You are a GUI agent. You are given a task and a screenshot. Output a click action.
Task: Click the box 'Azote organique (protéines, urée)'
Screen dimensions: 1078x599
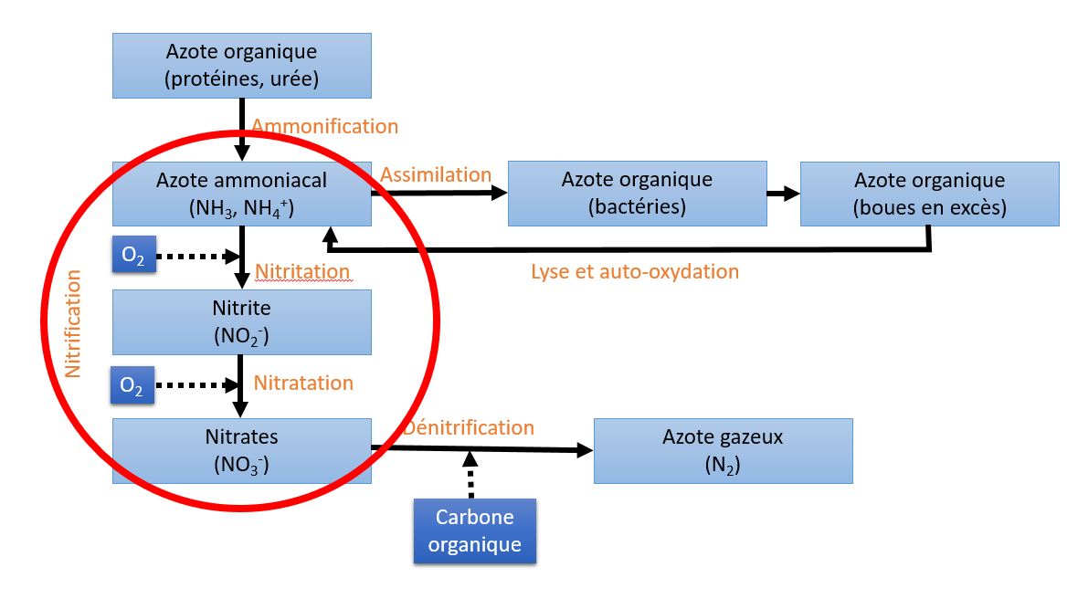pyautogui.click(x=242, y=65)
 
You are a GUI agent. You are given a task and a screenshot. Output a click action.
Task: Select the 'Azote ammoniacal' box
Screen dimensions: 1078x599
pyautogui.click(x=242, y=194)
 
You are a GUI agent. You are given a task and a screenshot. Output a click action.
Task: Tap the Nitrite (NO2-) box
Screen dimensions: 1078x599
pyautogui.click(x=242, y=322)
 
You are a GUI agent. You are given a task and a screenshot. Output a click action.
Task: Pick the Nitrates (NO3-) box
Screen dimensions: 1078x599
pyautogui.click(x=242, y=451)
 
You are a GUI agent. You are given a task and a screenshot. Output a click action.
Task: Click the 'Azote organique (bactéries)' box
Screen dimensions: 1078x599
pyautogui.click(x=638, y=193)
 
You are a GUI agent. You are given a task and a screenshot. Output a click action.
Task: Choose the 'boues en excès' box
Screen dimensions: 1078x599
pyautogui.click(x=929, y=194)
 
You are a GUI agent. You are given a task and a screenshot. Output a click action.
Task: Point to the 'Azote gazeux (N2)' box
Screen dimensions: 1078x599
pyautogui.click(x=724, y=451)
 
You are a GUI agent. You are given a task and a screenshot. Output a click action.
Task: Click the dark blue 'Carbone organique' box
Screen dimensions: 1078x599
pyautogui.click(x=475, y=531)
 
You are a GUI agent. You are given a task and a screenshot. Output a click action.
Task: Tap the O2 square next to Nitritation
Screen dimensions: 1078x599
pyautogui.click(x=134, y=255)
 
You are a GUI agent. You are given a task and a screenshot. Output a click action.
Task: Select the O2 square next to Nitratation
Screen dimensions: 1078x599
pyautogui.click(x=132, y=384)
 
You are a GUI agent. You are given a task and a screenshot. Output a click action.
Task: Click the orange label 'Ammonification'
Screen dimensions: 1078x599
pyautogui.click(x=324, y=126)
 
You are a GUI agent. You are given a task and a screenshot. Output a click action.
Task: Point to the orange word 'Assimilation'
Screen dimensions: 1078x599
pyautogui.click(x=436, y=174)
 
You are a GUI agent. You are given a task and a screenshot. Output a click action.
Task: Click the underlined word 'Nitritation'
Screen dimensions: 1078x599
pyautogui.click(x=302, y=271)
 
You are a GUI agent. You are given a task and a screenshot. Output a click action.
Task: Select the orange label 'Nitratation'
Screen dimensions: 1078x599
pyautogui.click(x=303, y=383)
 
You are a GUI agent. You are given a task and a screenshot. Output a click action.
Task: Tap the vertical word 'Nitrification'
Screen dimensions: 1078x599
pyautogui.click(x=73, y=323)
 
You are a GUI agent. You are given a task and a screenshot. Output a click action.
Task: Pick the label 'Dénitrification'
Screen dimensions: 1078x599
pyautogui.click(x=469, y=427)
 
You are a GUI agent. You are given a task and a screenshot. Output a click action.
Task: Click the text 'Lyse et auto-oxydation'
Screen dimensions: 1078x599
pyautogui.click(x=635, y=271)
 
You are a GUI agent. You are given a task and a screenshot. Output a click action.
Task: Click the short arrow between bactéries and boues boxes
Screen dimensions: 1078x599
pyautogui.click(x=784, y=194)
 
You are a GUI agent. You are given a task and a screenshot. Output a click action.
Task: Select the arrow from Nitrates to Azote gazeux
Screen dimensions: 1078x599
pyautogui.click(x=482, y=449)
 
